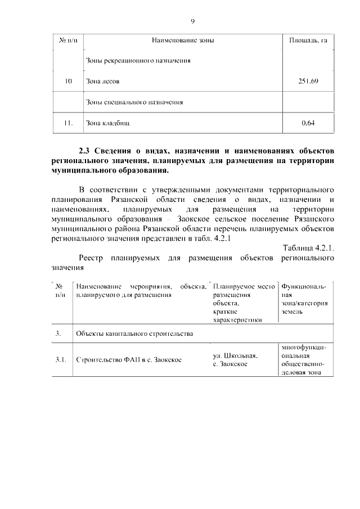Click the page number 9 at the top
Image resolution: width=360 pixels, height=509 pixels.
pos(192,21)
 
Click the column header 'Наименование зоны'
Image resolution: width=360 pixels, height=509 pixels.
pos(183,40)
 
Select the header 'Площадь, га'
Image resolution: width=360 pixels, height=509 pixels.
pos(308,40)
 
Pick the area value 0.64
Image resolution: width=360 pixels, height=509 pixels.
pos(308,123)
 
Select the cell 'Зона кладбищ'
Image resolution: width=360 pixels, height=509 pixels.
pos(107,123)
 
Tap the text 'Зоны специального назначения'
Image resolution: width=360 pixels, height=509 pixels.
pos(135,102)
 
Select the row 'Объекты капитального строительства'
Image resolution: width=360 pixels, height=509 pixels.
pos(134,334)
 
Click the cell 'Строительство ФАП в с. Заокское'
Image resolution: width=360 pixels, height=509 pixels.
pos(129,360)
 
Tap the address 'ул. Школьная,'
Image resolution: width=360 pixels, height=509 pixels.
pos(235,355)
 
